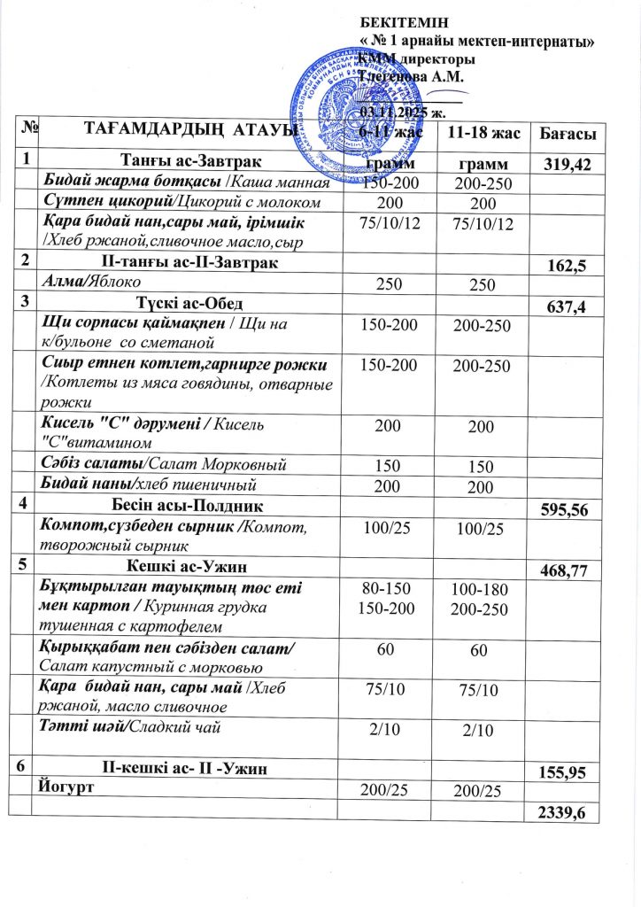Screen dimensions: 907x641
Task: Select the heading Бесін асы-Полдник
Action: pyautogui.click(x=186, y=505)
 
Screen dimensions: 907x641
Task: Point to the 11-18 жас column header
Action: pyautogui.click(x=478, y=134)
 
